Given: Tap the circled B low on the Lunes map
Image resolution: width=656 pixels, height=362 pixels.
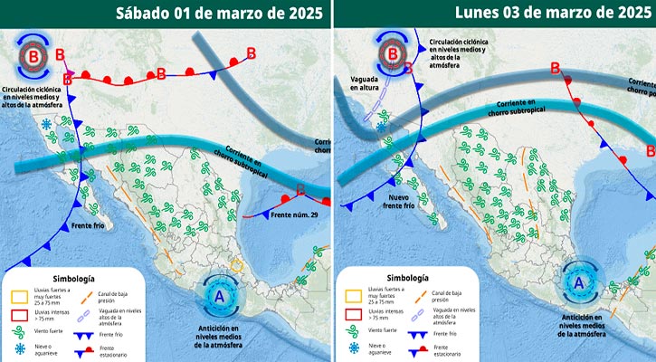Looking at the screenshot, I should tap(394, 55).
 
